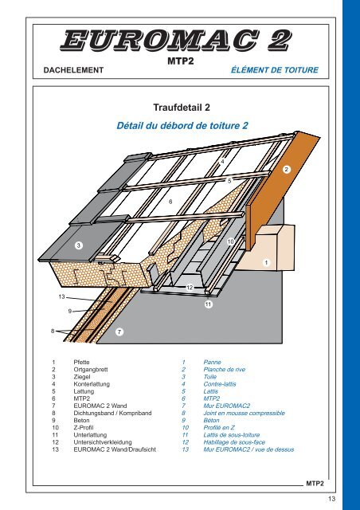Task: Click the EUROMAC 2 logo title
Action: pyautogui.click(x=175, y=41)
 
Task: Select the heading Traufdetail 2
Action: pyautogui.click(x=182, y=108)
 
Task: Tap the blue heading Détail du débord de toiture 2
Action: pyautogui.click(x=182, y=126)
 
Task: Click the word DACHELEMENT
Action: pyautogui.click(x=73, y=70)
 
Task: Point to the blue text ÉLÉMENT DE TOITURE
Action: pyautogui.click(x=275, y=70)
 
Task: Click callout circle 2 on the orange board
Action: pyautogui.click(x=286, y=170)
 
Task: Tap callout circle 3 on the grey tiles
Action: pyautogui.click(x=78, y=245)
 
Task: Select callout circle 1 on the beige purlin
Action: pyautogui.click(x=266, y=262)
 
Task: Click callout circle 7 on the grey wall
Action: pyautogui.click(x=119, y=331)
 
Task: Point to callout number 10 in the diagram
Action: pyautogui.click(x=230, y=241)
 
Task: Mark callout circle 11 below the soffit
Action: pyautogui.click(x=209, y=304)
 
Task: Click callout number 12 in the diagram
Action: pyautogui.click(x=190, y=288)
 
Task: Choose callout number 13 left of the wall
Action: pyautogui.click(x=62, y=296)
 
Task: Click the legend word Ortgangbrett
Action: pyautogui.click(x=91, y=370)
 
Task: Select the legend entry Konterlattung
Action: pyautogui.click(x=92, y=384)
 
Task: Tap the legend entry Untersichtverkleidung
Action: pyautogui.click(x=103, y=442)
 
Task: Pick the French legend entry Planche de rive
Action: pyautogui.click(x=225, y=370)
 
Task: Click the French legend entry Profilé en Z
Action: pyautogui.click(x=219, y=428)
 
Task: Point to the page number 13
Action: pyautogui.click(x=331, y=499)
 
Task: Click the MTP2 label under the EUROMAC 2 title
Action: pyautogui.click(x=181, y=61)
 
